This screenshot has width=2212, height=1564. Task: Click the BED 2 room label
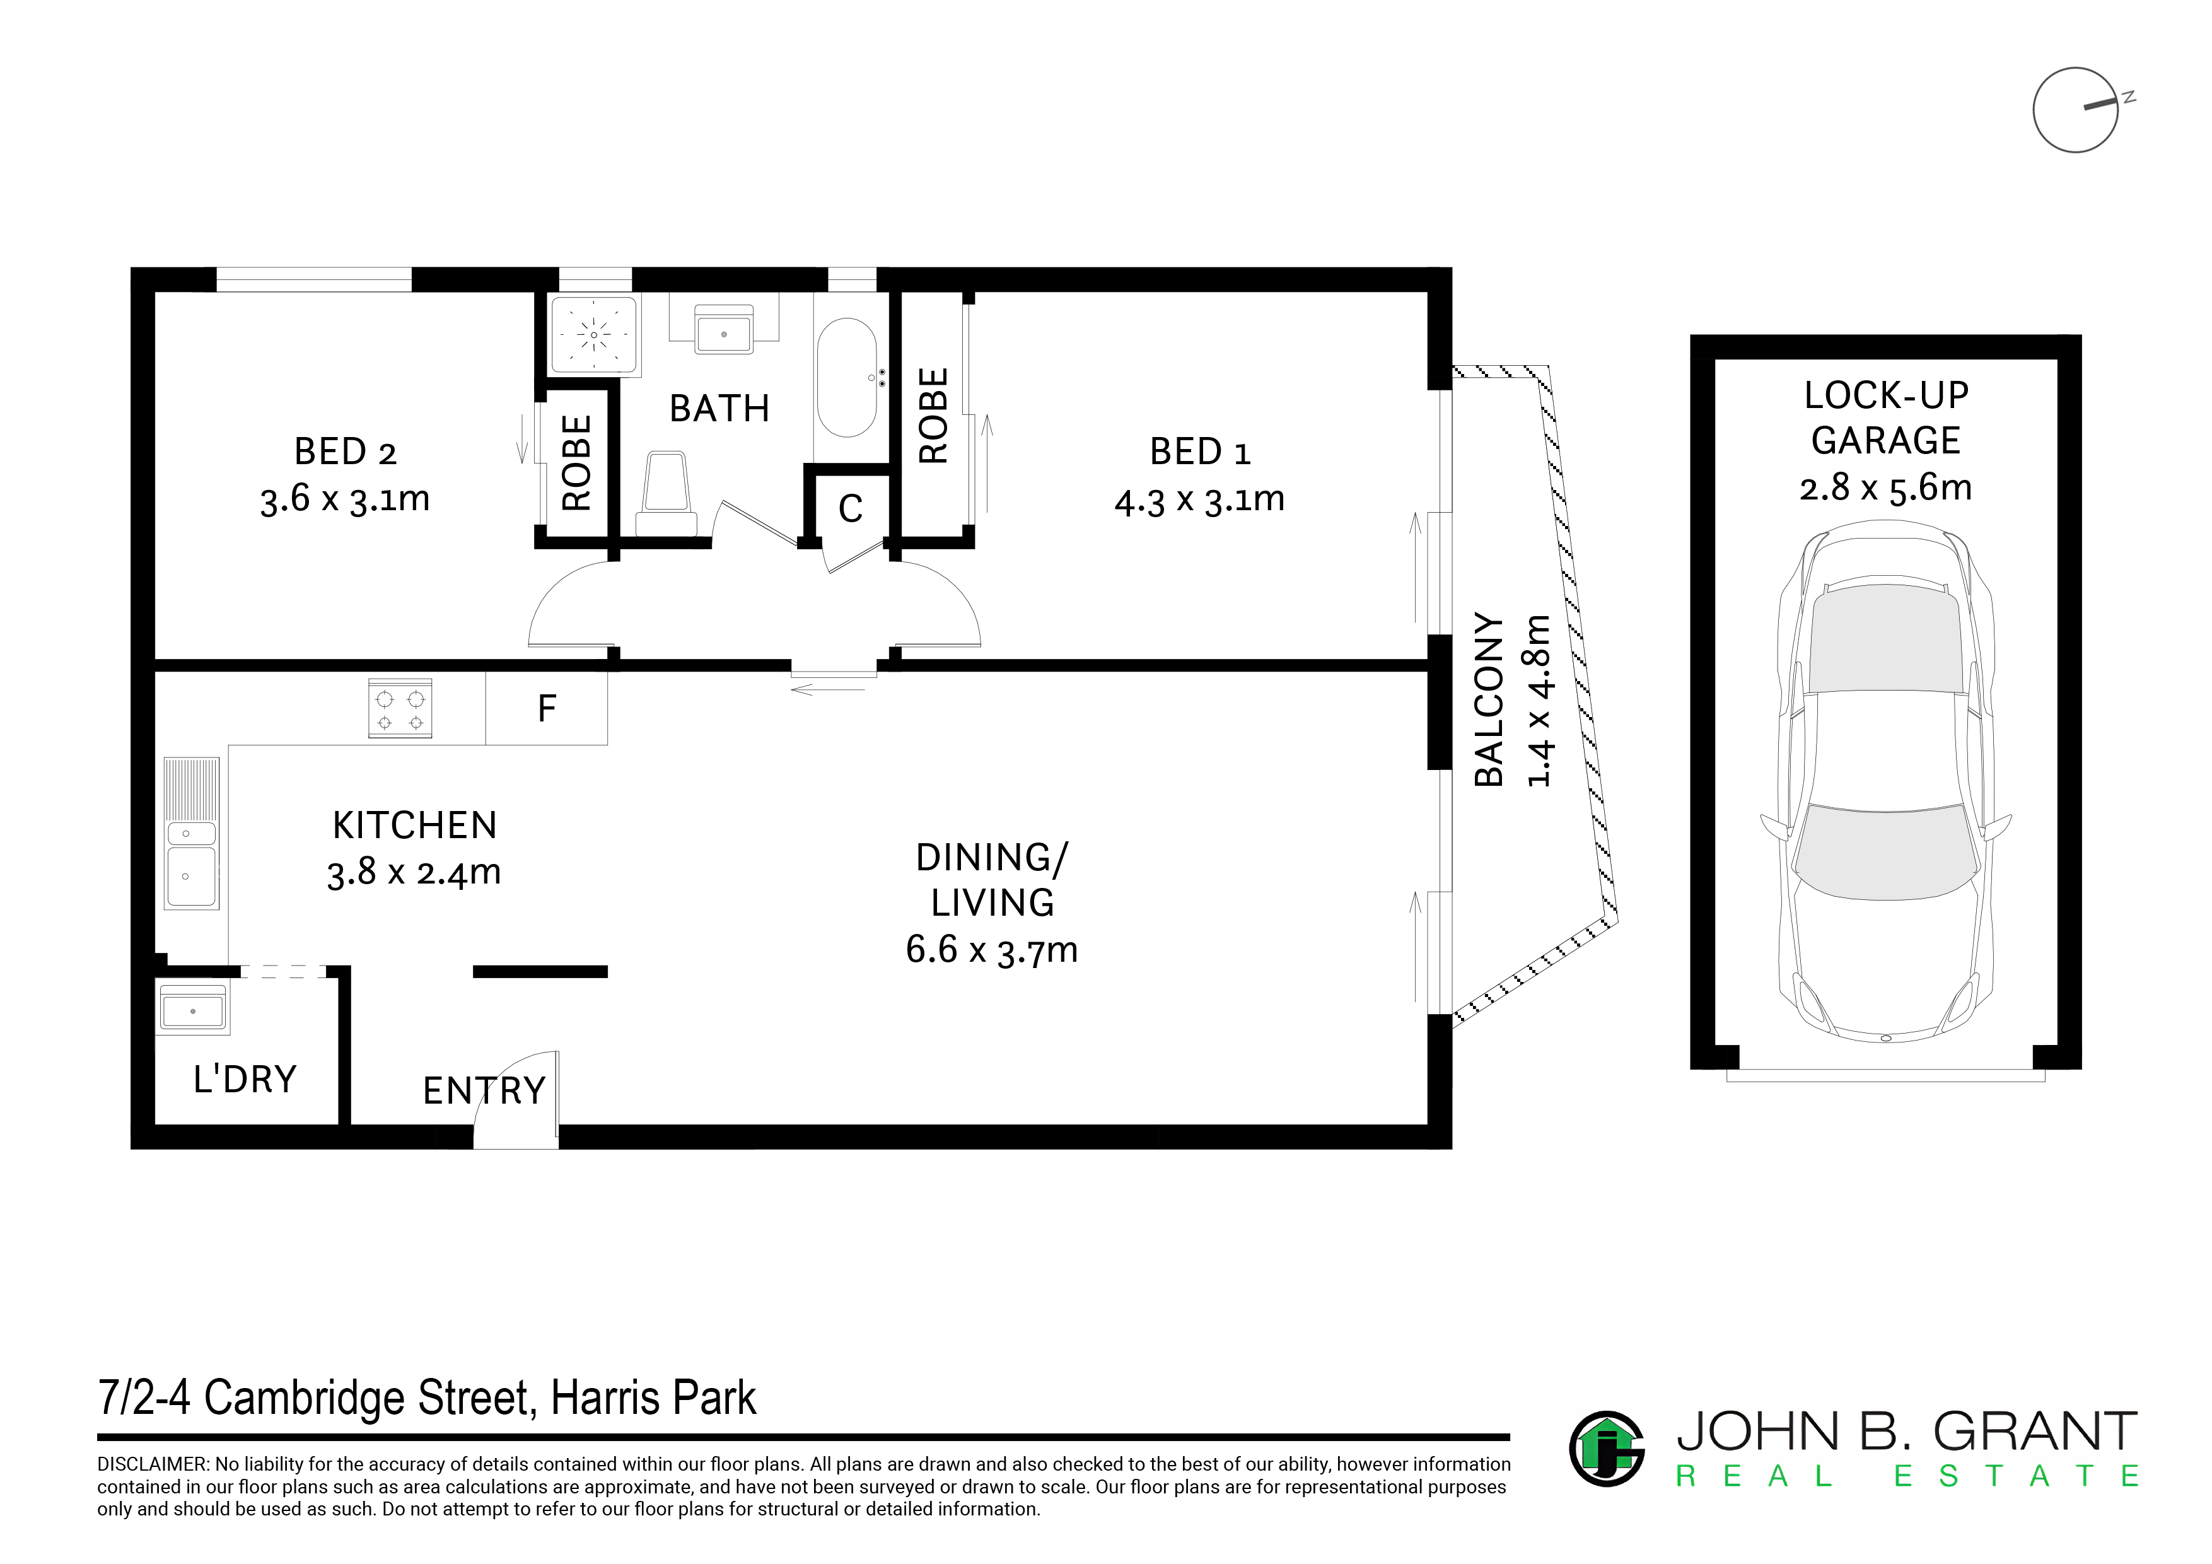tap(345, 452)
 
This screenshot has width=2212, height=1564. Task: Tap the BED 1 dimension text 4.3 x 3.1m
tap(1199, 500)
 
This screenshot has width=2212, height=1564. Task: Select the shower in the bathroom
tap(593, 336)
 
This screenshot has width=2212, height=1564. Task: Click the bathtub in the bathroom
tap(847, 378)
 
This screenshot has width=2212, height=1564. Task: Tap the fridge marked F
tap(546, 708)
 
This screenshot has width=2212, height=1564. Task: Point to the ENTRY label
tap(484, 1091)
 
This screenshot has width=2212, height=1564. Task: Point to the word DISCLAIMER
tap(152, 1464)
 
